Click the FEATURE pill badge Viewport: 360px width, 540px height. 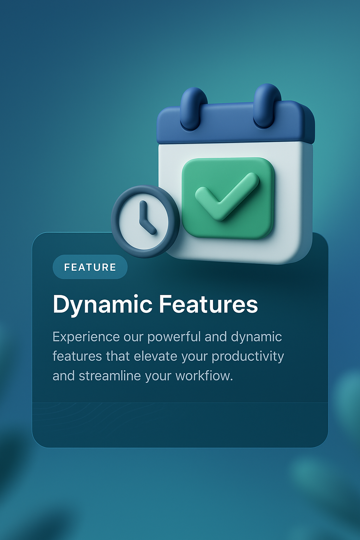[90, 267]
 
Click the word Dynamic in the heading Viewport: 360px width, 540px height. [102, 305]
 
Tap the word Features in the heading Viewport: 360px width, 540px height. [208, 304]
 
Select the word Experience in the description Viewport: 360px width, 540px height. [86, 337]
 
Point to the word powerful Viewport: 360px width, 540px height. [174, 337]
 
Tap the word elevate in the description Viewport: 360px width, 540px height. [155, 356]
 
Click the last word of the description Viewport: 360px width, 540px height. [204, 376]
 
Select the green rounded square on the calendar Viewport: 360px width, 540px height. [228, 198]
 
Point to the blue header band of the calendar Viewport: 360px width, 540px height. [236, 123]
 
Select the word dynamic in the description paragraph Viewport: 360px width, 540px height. [256, 337]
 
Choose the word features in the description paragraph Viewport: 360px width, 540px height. [77, 356]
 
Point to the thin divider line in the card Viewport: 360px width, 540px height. [180, 403]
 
